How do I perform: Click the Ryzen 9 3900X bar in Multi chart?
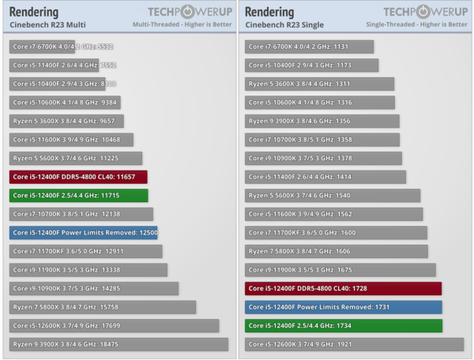(x=118, y=344)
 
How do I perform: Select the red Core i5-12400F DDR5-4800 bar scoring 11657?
(x=78, y=177)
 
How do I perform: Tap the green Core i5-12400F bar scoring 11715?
(x=78, y=195)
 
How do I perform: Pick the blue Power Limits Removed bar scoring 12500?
(x=84, y=233)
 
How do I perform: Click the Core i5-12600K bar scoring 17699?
(x=114, y=325)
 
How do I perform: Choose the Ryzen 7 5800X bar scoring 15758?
(x=103, y=307)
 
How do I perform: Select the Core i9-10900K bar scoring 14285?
(x=94, y=288)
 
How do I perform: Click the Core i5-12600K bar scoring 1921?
(x=354, y=344)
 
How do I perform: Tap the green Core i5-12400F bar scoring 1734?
(x=343, y=325)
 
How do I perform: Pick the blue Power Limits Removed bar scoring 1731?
(x=343, y=307)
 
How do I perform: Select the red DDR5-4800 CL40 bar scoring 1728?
(x=343, y=289)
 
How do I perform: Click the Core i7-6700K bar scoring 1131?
(x=309, y=47)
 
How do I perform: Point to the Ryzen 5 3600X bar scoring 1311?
(x=319, y=84)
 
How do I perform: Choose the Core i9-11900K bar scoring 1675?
(x=340, y=270)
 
